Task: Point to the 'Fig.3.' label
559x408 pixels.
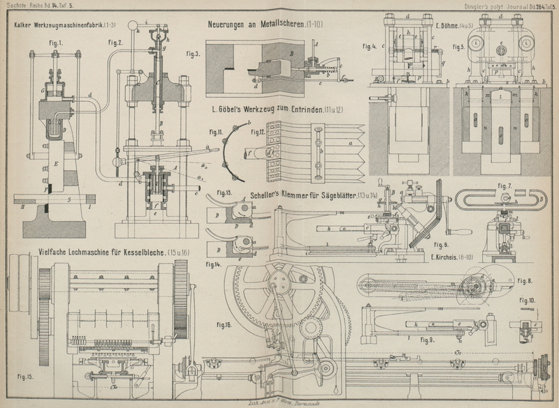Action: click(193, 52)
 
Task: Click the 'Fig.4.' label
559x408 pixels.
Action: click(370, 47)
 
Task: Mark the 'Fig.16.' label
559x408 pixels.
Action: click(224, 325)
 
